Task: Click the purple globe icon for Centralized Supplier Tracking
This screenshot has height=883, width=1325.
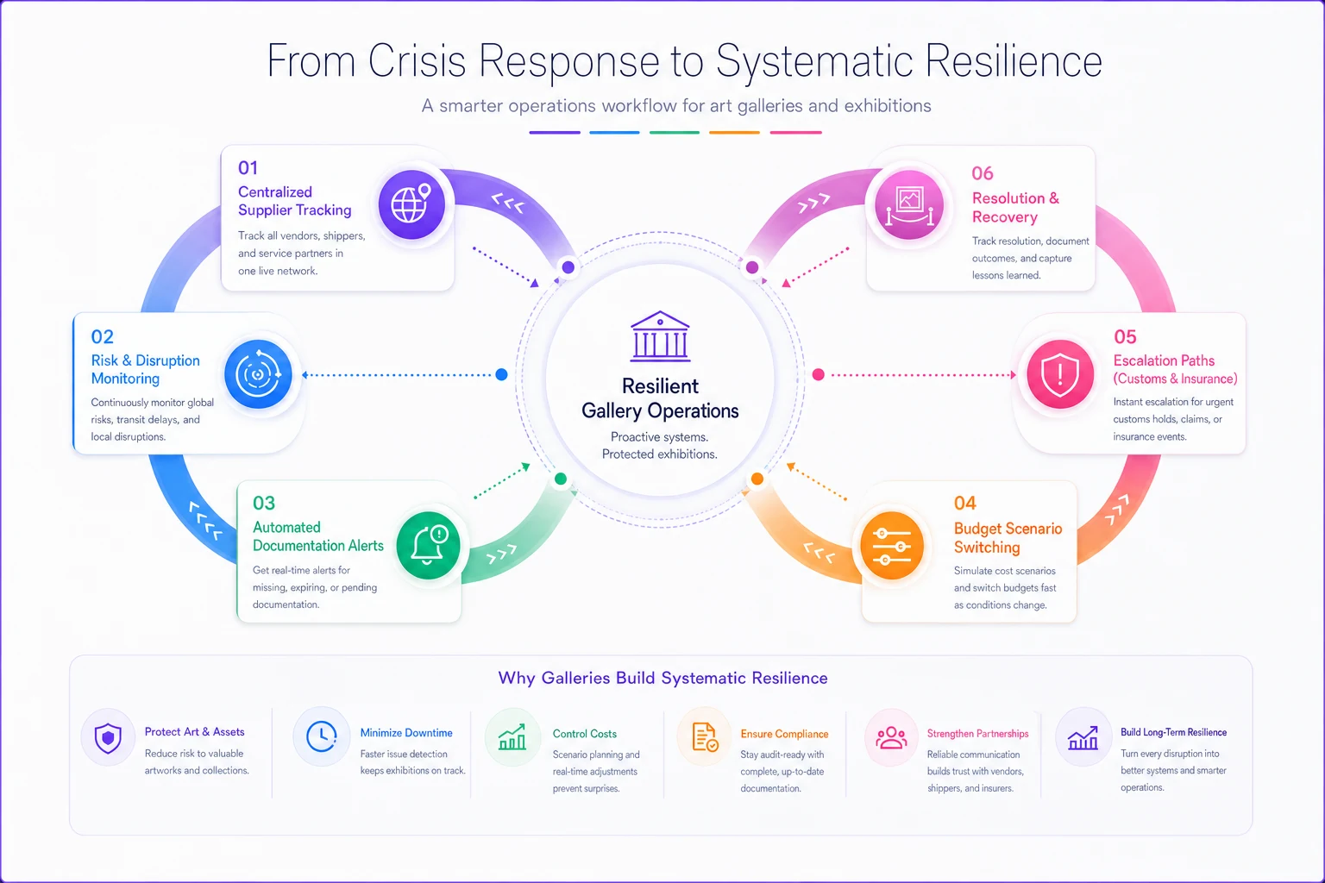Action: [x=411, y=204]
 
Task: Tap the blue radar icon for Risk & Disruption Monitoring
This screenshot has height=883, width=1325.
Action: [x=258, y=373]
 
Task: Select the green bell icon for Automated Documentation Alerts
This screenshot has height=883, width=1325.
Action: [x=428, y=545]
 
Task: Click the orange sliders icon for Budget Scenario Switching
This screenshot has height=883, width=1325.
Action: [x=891, y=545]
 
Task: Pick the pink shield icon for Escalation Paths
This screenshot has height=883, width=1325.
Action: [x=1059, y=373]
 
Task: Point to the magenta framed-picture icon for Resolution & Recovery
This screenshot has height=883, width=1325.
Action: [x=908, y=204]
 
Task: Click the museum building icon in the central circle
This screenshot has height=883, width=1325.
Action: [x=660, y=336]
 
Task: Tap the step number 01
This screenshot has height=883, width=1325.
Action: [x=248, y=168]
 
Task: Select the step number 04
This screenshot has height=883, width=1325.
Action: [x=964, y=503]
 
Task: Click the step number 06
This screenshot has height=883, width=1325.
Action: [x=982, y=173]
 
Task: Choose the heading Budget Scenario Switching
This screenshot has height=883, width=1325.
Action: [x=1008, y=537]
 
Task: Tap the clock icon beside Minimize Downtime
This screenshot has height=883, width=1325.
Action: [x=321, y=736]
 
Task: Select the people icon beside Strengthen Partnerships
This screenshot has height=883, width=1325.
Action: [x=891, y=737]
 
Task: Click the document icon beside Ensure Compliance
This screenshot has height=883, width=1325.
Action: [x=705, y=737]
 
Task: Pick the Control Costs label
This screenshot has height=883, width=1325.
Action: [x=584, y=733]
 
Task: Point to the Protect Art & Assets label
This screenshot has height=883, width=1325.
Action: [x=194, y=731]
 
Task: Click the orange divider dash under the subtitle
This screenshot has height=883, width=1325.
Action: [x=734, y=133]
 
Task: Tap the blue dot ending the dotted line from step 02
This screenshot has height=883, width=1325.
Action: [x=501, y=374]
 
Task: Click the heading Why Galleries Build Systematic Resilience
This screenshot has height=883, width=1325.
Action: [x=662, y=678]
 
